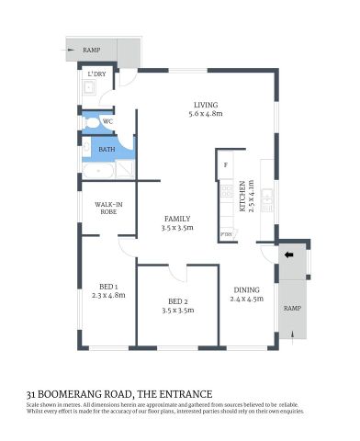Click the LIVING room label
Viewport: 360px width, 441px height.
tap(205, 104)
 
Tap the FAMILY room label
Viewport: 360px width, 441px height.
tap(176, 219)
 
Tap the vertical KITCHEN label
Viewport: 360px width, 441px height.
tap(243, 197)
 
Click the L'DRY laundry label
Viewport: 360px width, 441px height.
tap(95, 74)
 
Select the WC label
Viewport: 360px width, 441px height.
tap(107, 120)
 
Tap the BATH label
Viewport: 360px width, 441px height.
tap(107, 149)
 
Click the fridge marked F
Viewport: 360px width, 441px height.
tap(225, 165)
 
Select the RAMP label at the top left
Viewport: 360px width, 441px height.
tap(92, 50)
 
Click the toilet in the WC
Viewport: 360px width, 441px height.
tap(89, 120)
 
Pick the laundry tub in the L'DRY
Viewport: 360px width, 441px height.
tap(90, 88)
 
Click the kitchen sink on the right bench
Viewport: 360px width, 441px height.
tap(267, 195)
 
